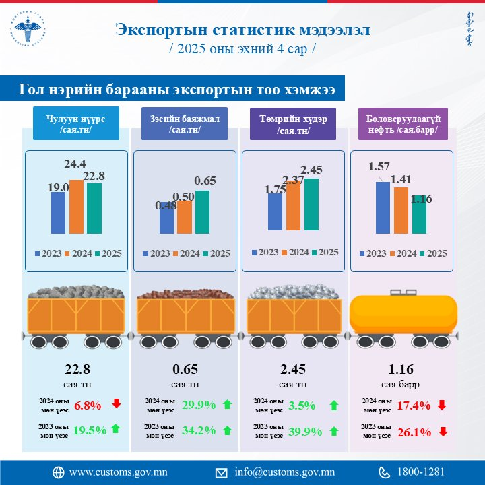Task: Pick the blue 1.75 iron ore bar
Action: [x=275, y=212]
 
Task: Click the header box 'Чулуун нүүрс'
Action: [x=75, y=124]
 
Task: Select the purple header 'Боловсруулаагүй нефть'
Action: [x=401, y=124]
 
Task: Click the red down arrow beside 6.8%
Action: [x=116, y=404]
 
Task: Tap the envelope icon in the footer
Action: [x=221, y=472]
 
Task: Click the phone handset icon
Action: [x=385, y=472]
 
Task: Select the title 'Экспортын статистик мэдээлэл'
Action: [x=243, y=30]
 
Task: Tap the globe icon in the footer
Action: [x=59, y=472]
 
